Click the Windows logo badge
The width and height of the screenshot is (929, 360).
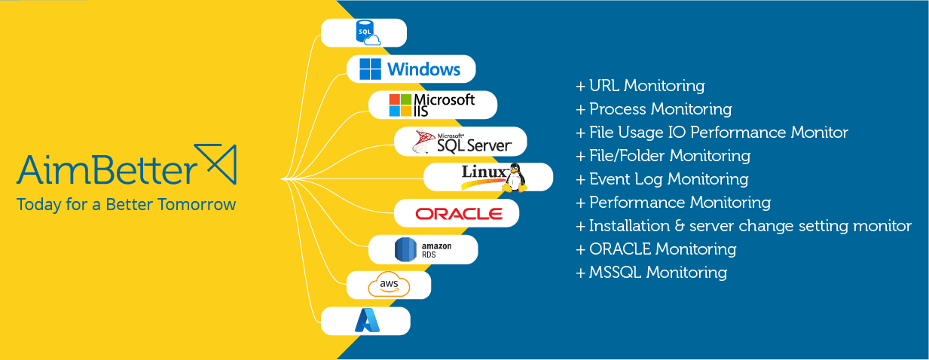411,69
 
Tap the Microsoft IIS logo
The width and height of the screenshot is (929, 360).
432,105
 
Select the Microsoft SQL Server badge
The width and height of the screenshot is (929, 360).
460,142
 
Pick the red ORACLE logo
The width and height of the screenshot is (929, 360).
458,214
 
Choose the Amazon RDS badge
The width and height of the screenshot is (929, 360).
423,249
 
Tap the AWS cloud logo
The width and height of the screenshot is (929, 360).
389,285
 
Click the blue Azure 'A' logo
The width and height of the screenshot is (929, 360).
366,322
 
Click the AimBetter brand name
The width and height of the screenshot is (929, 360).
105,169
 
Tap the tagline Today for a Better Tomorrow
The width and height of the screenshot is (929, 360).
126,205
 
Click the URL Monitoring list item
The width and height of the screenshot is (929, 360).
640,86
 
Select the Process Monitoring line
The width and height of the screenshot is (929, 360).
654,109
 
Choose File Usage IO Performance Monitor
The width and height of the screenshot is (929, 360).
712,133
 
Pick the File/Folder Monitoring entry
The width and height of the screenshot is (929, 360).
663,156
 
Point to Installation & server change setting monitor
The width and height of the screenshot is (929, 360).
744,226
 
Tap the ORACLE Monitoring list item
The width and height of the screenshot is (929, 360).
656,249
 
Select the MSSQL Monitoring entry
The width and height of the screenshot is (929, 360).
652,273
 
